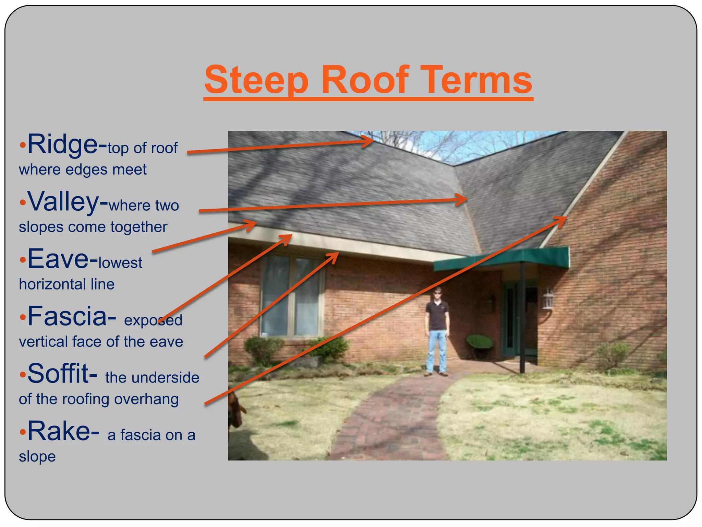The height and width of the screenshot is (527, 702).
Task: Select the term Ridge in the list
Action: tap(63, 144)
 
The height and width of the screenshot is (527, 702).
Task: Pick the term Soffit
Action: tap(58, 374)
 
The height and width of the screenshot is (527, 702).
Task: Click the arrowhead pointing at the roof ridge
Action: tap(370, 141)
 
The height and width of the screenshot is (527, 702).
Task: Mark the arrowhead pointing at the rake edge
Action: tap(562, 220)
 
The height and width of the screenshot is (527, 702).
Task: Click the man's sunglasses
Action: tap(437, 293)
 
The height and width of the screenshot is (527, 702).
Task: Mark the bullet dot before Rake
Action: tap(23, 432)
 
